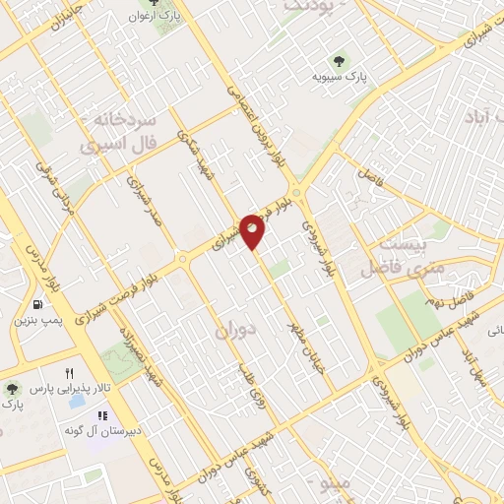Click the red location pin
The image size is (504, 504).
point(254,230)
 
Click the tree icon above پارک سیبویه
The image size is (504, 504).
point(341,58)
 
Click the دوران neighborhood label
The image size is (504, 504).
point(234,334)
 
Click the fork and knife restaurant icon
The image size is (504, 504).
point(68,374)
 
